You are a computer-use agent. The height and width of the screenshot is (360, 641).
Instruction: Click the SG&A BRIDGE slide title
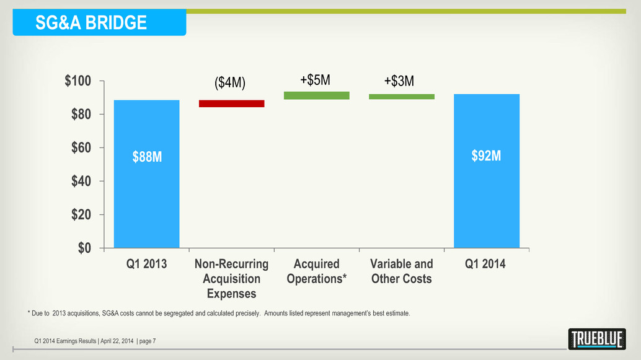91,23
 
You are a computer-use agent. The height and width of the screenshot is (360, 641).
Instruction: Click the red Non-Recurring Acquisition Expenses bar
232,103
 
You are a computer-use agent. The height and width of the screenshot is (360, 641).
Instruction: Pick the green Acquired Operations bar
316,95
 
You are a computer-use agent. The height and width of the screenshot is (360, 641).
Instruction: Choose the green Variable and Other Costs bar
401,97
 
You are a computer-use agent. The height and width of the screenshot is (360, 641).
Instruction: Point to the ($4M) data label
230,84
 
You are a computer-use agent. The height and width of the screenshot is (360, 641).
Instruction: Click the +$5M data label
315,80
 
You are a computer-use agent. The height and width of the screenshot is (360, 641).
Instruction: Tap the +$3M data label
399,81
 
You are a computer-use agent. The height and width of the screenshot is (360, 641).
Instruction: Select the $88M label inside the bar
147,157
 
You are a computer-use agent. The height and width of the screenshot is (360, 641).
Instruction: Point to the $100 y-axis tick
79,81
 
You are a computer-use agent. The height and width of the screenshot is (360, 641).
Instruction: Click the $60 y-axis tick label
81,148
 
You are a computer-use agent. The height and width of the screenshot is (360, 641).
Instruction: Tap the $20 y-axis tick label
81,215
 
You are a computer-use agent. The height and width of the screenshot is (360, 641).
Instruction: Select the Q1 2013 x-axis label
147,264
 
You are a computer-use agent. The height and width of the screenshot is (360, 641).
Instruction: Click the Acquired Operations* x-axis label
316,271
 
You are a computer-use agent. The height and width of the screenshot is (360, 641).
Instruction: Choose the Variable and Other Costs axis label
401,271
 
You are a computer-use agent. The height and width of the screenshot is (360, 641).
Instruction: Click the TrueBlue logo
596,339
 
